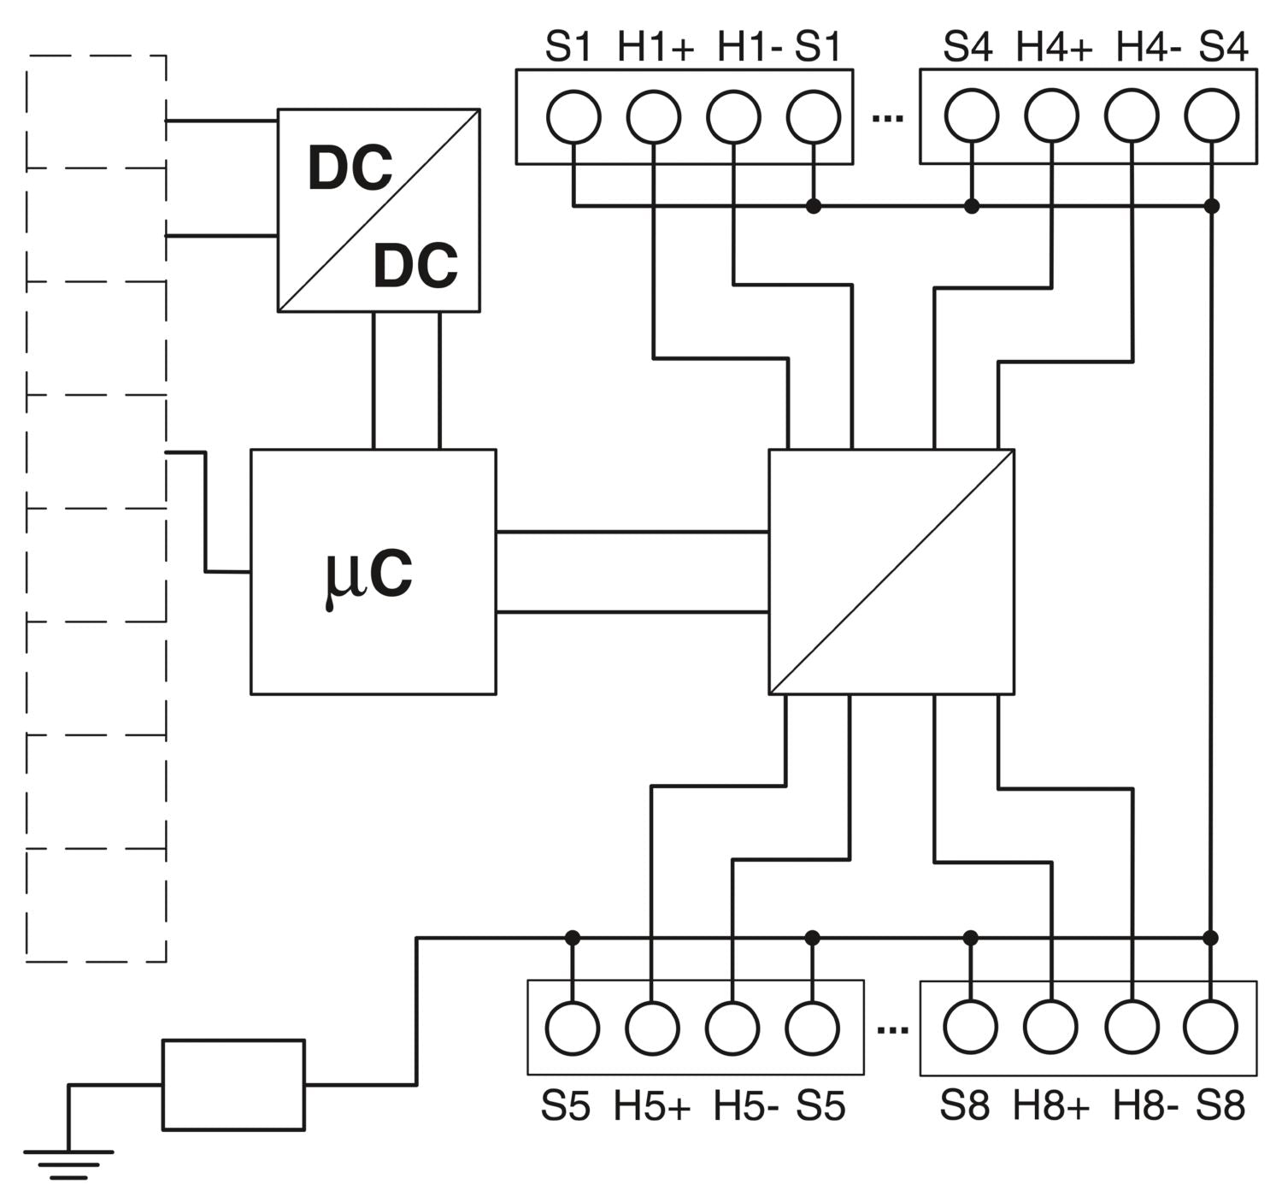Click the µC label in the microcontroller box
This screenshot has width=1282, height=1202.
369,574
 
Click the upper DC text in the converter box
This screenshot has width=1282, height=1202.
350,168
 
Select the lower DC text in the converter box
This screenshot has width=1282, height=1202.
415,265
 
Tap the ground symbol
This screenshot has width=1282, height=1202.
68,1164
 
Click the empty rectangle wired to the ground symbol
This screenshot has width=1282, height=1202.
233,1084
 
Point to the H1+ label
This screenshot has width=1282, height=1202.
656,47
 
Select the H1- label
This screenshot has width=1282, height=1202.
749,47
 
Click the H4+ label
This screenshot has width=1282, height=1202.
1054,47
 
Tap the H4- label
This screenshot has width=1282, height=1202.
1148,47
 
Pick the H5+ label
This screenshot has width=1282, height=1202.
651,1107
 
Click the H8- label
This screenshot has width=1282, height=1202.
1145,1107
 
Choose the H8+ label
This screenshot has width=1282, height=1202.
1051,1107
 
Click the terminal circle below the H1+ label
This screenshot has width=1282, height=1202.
654,116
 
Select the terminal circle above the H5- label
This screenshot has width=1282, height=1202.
732,1028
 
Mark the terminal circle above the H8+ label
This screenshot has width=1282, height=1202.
1051,1028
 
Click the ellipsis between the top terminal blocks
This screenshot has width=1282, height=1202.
887,117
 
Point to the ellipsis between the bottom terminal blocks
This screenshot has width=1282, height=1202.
892,1029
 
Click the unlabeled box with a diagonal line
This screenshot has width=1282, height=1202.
891,571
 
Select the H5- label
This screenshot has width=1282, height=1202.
746,1107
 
